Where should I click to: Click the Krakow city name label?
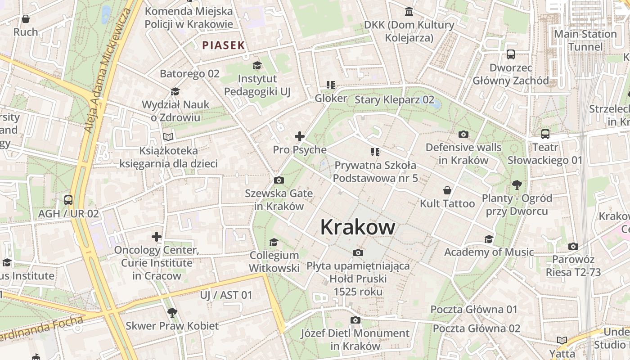(x=358, y=227)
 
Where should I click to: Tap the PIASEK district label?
(x=224, y=45)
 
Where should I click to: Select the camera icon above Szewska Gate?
(x=279, y=180)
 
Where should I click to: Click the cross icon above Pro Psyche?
(x=300, y=136)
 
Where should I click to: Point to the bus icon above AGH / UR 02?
(x=68, y=200)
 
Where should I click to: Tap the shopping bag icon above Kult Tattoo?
(x=447, y=190)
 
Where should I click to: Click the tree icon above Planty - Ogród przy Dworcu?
(x=517, y=184)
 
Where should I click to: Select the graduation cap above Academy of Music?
(x=489, y=239)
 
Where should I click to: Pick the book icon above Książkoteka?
(x=168, y=137)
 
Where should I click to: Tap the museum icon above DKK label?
(x=409, y=11)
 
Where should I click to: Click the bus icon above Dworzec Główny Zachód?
(x=511, y=54)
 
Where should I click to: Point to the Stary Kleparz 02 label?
(x=394, y=99)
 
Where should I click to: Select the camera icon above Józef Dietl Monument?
(x=355, y=320)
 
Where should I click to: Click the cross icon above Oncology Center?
(x=157, y=237)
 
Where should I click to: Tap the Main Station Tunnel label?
(x=585, y=40)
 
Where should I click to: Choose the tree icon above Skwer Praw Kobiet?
(x=172, y=312)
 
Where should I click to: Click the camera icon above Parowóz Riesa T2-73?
(x=573, y=246)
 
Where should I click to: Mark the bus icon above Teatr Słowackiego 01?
(x=545, y=134)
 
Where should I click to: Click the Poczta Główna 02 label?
(x=477, y=328)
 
